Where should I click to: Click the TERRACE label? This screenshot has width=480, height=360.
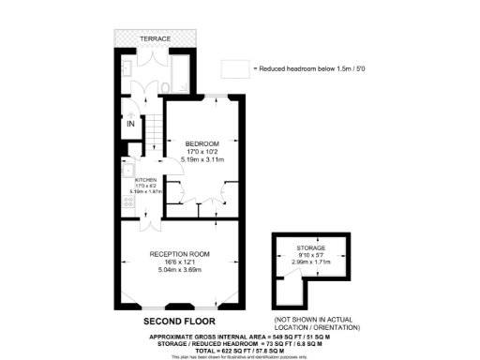[156, 38]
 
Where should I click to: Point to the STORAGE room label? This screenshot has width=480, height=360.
[312, 247]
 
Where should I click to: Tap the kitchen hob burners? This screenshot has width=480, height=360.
[128, 201]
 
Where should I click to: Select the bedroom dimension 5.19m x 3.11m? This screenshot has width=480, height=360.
[203, 159]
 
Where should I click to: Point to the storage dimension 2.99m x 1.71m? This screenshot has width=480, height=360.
[312, 263]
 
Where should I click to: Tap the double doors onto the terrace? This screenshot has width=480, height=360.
[156, 56]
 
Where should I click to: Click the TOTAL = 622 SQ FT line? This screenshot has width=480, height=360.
[239, 349]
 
